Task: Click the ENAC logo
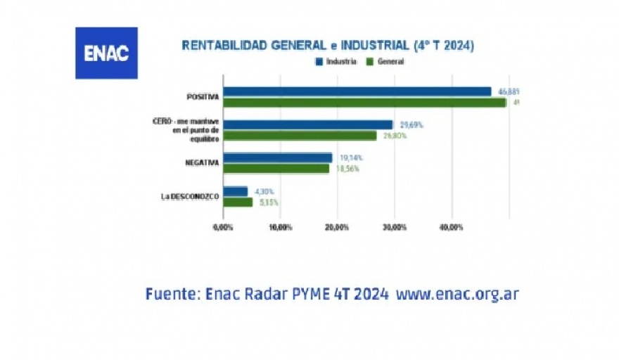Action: pos(106,53)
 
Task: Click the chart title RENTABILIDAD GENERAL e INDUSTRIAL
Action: pos(328,46)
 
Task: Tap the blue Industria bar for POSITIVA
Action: pos(357,91)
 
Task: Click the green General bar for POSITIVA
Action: pos(365,103)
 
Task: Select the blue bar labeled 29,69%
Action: pos(308,124)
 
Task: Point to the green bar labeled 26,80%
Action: pos(300,136)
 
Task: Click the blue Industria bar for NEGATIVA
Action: pos(278,157)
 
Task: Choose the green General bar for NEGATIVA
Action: pos(276,169)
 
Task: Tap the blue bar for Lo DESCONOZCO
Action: pos(236,191)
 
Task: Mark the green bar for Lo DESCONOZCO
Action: pos(238,202)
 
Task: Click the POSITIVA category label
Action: pos(203,97)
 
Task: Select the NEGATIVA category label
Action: pos(201,163)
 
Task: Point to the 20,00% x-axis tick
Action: pos(337,227)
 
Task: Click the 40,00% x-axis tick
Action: pos(451,227)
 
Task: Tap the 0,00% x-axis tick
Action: pos(222,227)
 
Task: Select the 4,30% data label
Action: pos(264,191)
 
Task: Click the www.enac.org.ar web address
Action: pos(457,293)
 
